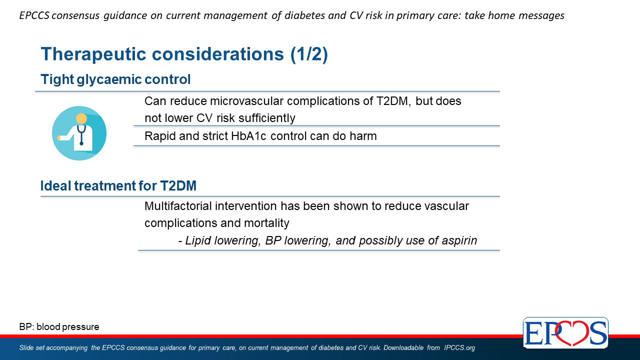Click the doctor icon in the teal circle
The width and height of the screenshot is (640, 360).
pyautogui.click(x=79, y=133)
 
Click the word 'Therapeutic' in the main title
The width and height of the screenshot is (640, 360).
pyautogui.click(x=93, y=54)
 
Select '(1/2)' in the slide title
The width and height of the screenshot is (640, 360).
pyautogui.click(x=309, y=54)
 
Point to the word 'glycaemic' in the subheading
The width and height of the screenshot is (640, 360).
pyautogui.click(x=109, y=79)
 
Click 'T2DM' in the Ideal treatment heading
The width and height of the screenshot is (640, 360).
pyautogui.click(x=178, y=185)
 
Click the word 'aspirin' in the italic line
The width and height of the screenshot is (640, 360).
pyautogui.click(x=459, y=240)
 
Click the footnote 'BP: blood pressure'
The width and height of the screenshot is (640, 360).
pyautogui.click(x=59, y=327)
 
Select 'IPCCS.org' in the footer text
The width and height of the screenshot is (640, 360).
pyautogui.click(x=459, y=347)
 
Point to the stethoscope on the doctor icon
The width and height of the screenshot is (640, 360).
pyautogui.click(x=81, y=135)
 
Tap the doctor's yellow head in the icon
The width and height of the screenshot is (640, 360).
pyautogui.click(x=81, y=118)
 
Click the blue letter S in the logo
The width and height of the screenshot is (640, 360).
pyautogui.click(x=597, y=333)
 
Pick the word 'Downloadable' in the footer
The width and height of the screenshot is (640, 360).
pyautogui.click(x=403, y=347)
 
